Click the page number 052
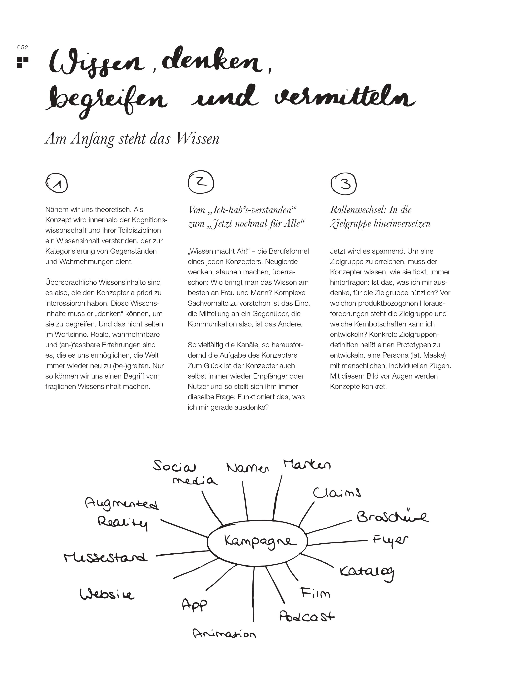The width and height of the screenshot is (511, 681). click(22, 47)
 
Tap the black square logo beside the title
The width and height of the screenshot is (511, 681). click(22, 62)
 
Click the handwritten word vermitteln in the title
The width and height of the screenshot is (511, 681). click(344, 97)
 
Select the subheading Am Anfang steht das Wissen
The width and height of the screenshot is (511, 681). click(132, 139)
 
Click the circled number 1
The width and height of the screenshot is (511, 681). click(57, 184)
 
